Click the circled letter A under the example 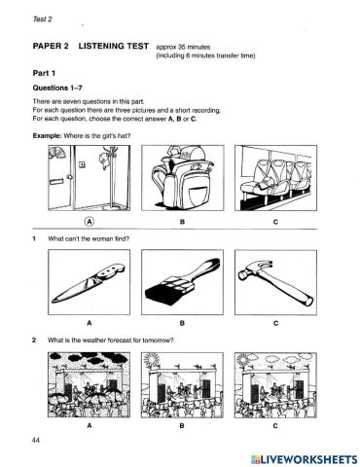pos(90,222)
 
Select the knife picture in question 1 pos(90,282)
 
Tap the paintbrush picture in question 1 pos(182,282)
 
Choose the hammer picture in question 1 pos(275,282)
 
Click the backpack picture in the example pos(183,178)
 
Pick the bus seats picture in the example pos(276,178)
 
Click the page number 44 pos(36,440)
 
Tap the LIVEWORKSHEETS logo pos(305,459)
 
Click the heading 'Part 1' pos(44,73)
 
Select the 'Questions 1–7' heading pos(57,88)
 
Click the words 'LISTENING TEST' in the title pos(114,46)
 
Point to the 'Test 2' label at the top pos(43,19)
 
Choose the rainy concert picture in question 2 pos(90,385)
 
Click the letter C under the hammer pos(276,323)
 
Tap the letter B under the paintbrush pos(182,323)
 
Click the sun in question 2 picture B pos(151,359)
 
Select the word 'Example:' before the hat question pos(47,136)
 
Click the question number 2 pos(34,341)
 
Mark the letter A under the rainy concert pos(90,426)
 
